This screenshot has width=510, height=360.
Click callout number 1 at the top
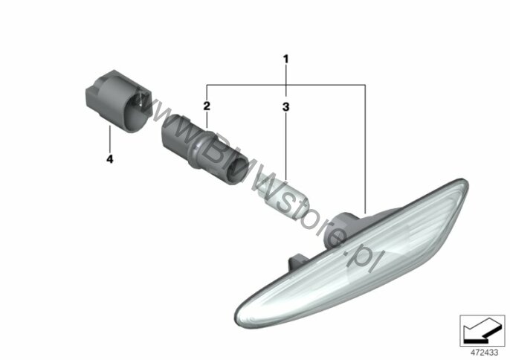pyautogui.click(x=285, y=60)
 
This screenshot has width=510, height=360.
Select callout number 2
pyautogui.click(x=207, y=106)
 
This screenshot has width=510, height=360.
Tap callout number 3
pyautogui.click(x=285, y=106)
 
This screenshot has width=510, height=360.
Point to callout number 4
pyautogui.click(x=110, y=159)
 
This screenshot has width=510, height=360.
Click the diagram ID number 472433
pyautogui.click(x=484, y=353)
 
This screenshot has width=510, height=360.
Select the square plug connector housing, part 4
pyautogui.click(x=119, y=100)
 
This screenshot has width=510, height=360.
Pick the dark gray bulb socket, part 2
pyautogui.click(x=204, y=149)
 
